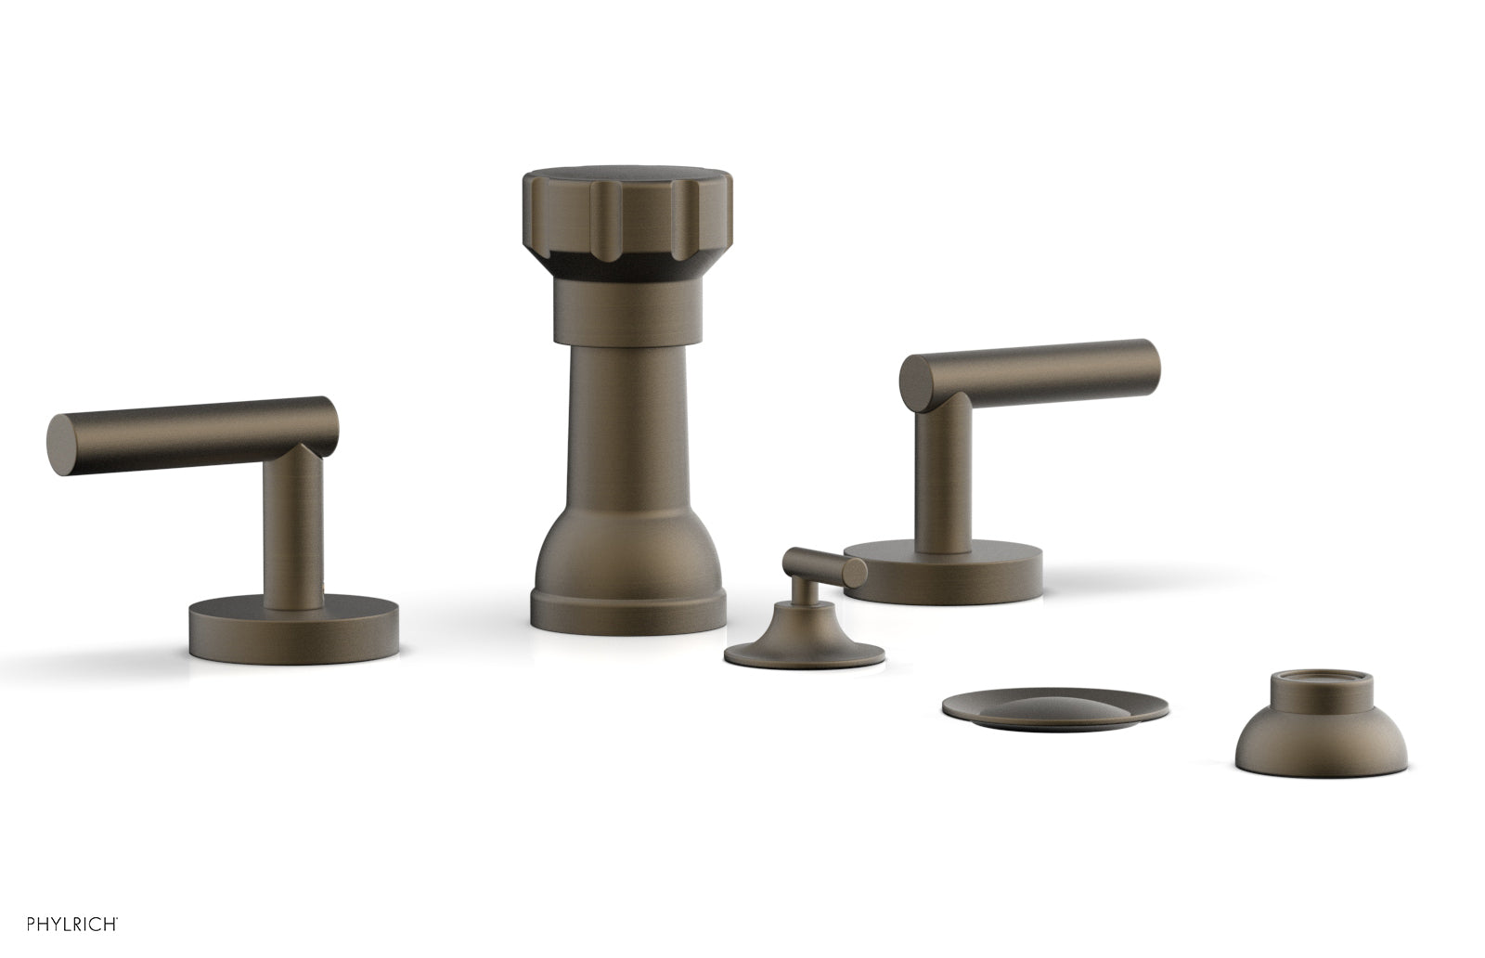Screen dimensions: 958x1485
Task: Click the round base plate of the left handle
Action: (x=294, y=631)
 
